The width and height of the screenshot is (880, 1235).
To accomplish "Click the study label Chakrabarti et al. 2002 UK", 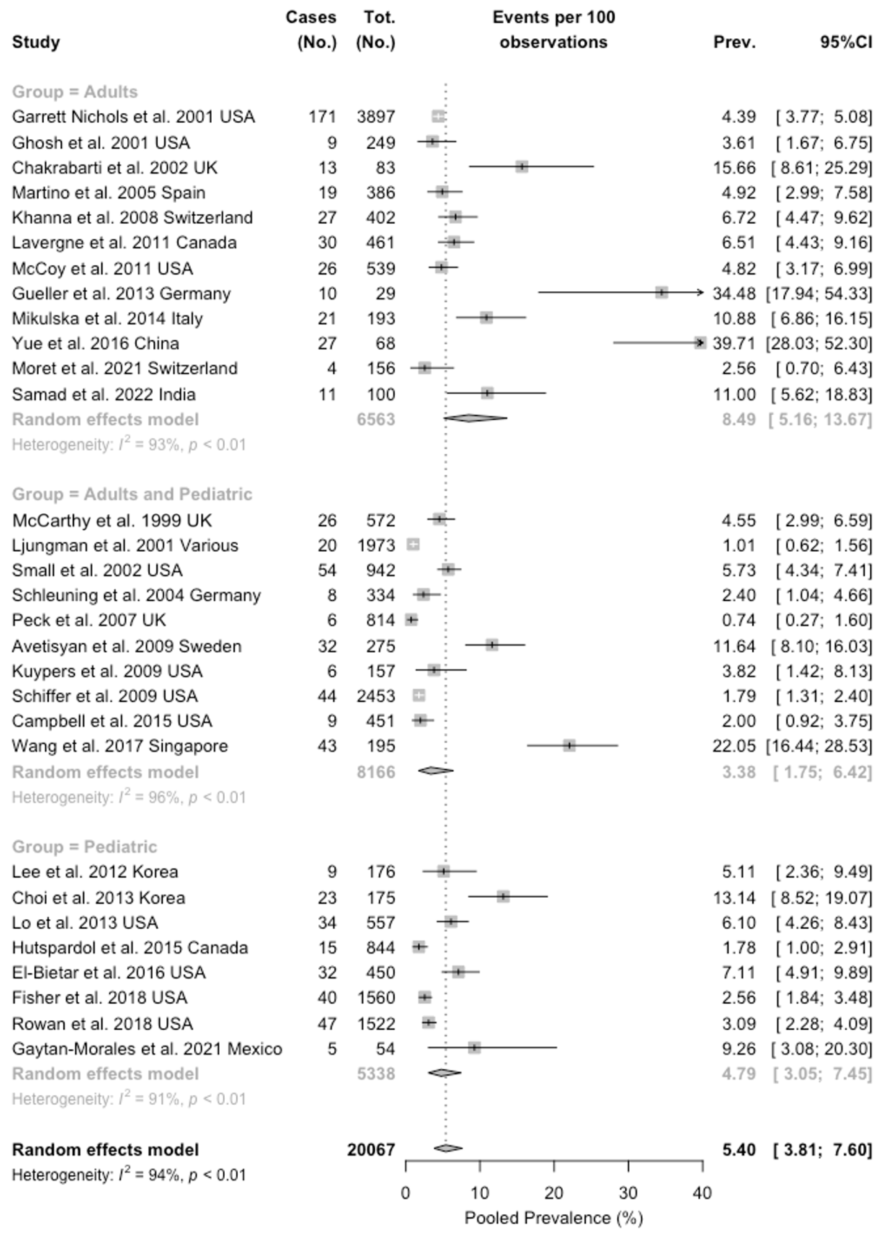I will click(115, 168).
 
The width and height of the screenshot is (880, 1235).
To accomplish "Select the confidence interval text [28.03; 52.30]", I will click(819, 343).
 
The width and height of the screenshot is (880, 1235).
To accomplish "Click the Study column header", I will click(36, 42).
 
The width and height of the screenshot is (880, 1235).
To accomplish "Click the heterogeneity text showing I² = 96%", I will click(129, 797).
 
